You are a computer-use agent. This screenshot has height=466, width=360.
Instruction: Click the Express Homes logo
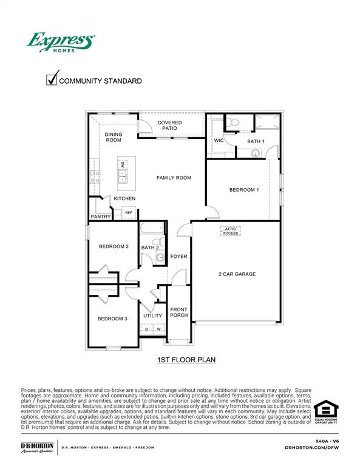click(x=60, y=42)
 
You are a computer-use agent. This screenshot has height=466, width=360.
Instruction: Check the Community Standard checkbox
click(x=52, y=79)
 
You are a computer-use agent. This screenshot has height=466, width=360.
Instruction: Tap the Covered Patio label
click(x=169, y=126)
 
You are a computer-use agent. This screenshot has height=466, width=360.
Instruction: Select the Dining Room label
click(x=114, y=137)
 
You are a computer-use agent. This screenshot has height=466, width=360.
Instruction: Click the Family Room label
click(x=174, y=178)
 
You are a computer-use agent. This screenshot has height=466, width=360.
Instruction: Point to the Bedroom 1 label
click(x=244, y=190)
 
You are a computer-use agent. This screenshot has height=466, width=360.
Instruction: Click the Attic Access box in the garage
click(x=231, y=231)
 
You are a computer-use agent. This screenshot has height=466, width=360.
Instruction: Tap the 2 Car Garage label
click(x=237, y=274)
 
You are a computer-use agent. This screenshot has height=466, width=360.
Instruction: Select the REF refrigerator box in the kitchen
click(x=129, y=213)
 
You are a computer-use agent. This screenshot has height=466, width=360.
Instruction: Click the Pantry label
click(x=100, y=217)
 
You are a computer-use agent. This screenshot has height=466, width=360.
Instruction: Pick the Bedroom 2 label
click(x=114, y=246)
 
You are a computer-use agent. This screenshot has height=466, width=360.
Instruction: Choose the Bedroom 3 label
click(x=112, y=319)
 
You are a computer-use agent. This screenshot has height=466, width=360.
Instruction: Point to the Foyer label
click(x=178, y=257)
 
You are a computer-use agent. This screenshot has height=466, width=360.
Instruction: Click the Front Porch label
click(x=178, y=312)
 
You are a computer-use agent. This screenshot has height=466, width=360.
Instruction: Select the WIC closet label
click(x=219, y=140)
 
